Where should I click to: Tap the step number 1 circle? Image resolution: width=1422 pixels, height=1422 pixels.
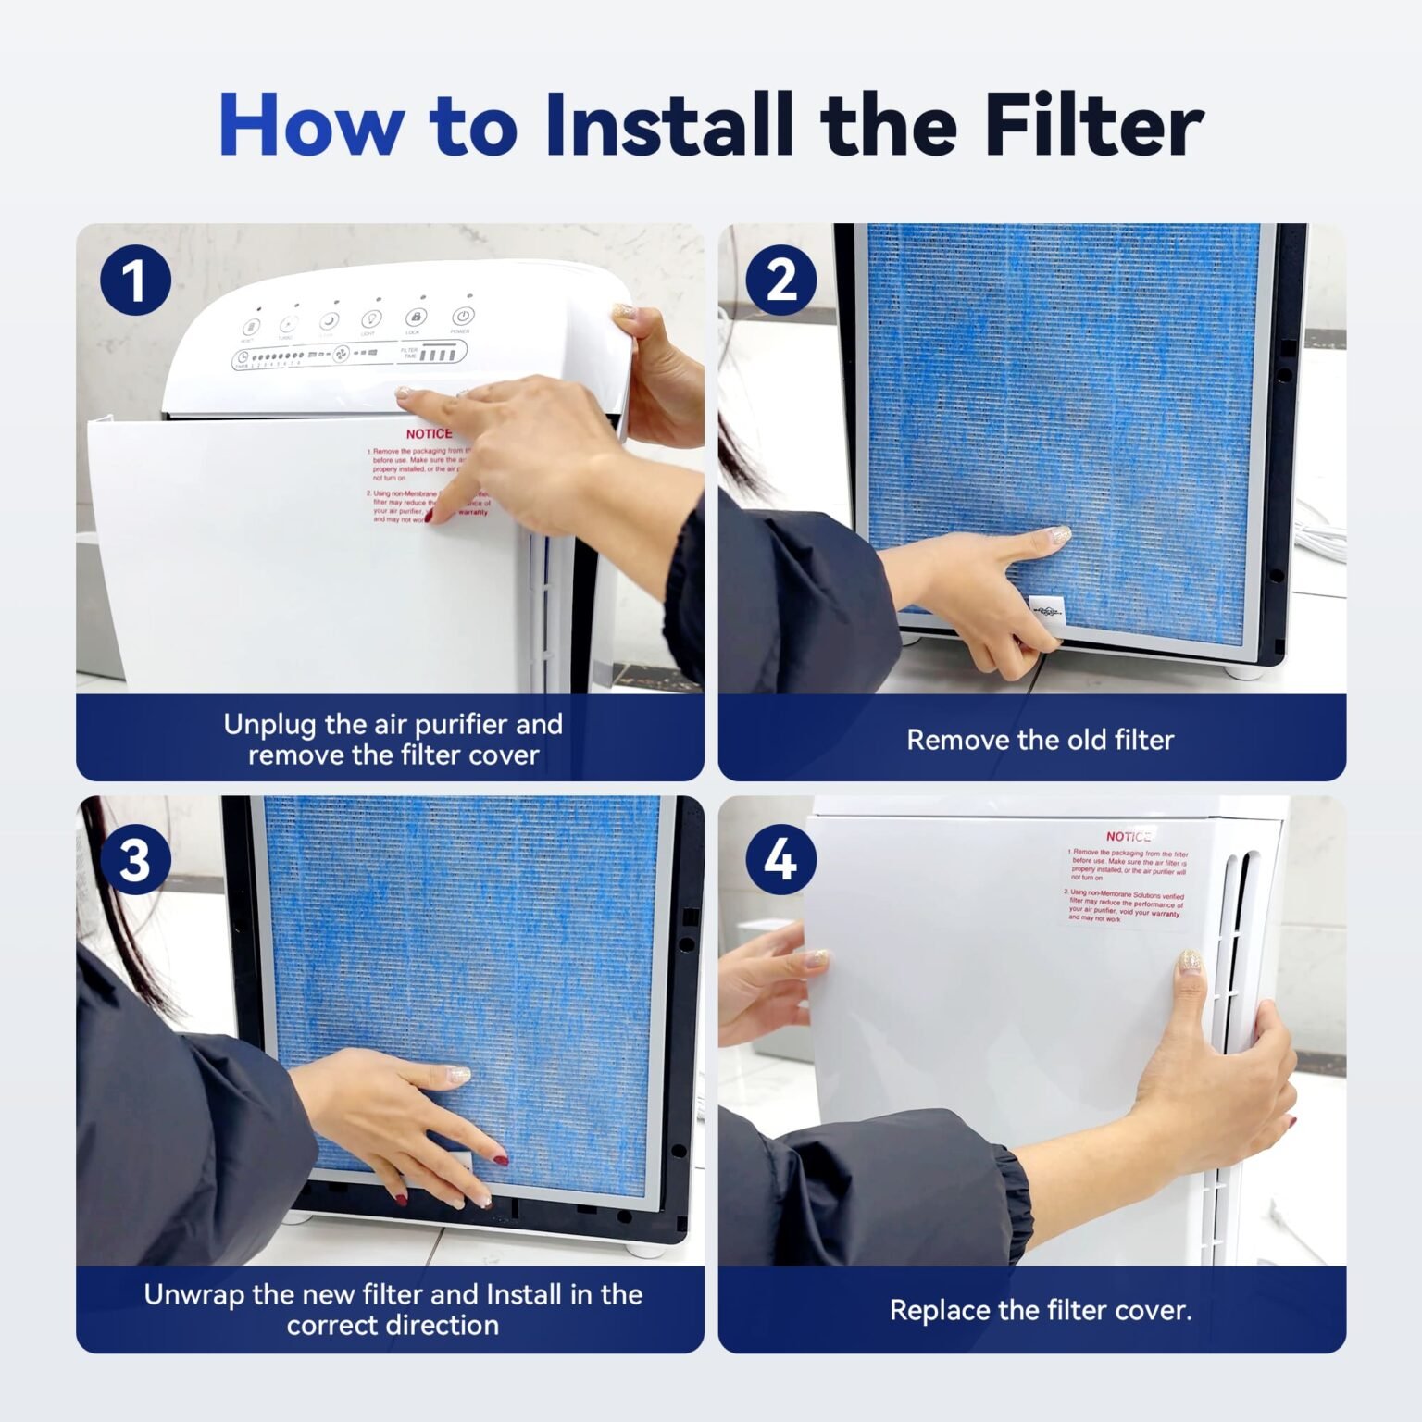point(135,280)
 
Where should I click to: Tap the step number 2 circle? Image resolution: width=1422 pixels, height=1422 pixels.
point(780,280)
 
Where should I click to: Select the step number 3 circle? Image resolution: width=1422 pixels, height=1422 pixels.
point(135,859)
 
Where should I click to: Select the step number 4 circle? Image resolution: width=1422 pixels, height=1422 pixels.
point(780,859)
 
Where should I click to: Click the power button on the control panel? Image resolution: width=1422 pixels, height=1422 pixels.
point(463,317)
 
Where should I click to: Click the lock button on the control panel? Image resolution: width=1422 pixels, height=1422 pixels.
point(416,318)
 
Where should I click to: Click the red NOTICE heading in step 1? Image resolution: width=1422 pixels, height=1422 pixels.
point(429,433)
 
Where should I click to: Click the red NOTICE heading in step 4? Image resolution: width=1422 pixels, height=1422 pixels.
point(1128,836)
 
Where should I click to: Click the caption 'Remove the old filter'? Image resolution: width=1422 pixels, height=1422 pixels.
point(1039,740)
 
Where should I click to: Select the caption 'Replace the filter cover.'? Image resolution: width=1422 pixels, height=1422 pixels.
point(1040,1310)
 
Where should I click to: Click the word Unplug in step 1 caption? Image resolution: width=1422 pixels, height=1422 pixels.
point(271,724)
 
